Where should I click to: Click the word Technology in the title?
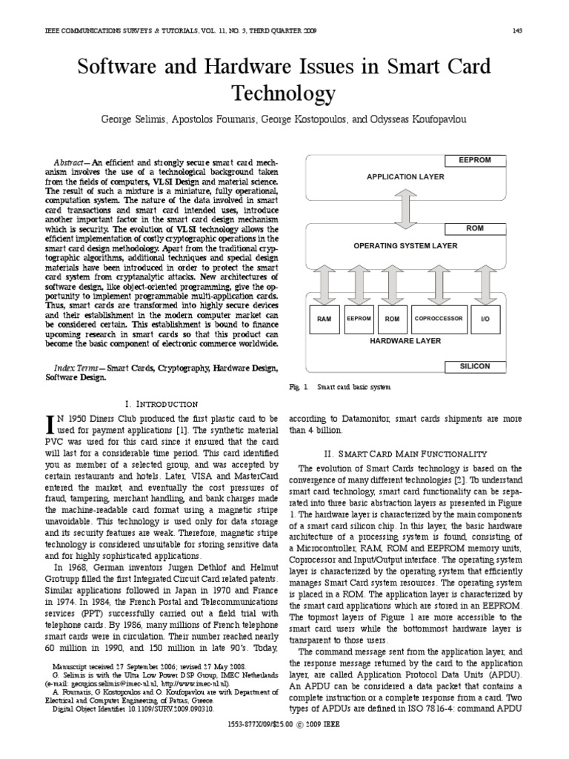[x=284, y=93]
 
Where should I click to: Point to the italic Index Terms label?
[x=78, y=368]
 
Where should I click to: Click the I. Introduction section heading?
[x=162, y=404]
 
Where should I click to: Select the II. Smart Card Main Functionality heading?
[x=412, y=453]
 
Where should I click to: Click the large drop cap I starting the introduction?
[x=50, y=424]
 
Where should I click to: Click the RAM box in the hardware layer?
[x=324, y=319]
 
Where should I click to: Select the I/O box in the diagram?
[x=485, y=319]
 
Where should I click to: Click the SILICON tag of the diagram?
[x=474, y=366]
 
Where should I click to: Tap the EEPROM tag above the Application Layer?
[x=474, y=160]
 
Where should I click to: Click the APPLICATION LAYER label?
[x=406, y=177]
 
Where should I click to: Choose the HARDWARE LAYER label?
[x=405, y=341]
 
